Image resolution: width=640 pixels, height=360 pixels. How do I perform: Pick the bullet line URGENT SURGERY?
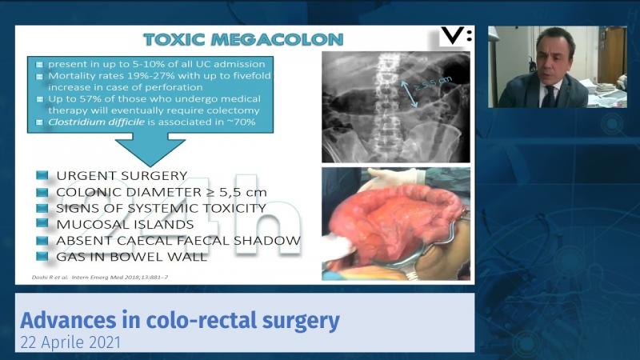(122, 175)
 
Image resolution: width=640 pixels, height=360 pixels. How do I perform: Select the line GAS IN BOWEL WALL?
(132, 256)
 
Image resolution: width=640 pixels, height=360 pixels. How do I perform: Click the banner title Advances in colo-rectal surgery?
(179, 322)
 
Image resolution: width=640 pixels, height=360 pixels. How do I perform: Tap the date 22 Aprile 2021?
(72, 343)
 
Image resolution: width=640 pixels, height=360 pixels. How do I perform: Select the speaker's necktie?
(549, 95)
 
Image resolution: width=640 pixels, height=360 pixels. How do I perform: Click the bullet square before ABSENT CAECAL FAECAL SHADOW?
(40, 240)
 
